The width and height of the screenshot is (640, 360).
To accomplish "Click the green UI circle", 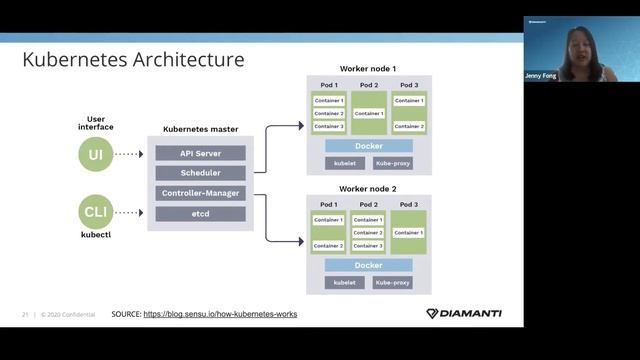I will (x=96, y=154).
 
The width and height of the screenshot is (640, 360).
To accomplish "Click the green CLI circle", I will (x=96, y=212).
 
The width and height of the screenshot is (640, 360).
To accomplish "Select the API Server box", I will (x=200, y=153).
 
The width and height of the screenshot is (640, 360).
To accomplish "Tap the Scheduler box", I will (x=200, y=173).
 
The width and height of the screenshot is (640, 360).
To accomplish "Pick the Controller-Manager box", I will (x=200, y=193).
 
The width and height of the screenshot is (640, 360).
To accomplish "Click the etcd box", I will (x=200, y=213).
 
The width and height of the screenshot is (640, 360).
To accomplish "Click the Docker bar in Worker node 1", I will (x=369, y=146).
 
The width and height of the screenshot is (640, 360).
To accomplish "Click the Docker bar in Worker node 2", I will (x=369, y=265).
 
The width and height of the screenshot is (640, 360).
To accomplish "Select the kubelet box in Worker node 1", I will (x=344, y=163).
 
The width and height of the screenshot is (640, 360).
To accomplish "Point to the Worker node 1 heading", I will (x=368, y=67).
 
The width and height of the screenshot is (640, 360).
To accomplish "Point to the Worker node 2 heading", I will (x=368, y=188).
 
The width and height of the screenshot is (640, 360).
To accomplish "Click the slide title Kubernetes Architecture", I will (x=133, y=60).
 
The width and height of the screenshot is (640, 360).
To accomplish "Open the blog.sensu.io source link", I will (x=220, y=314).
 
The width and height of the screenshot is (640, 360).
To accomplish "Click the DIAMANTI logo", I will (x=464, y=313).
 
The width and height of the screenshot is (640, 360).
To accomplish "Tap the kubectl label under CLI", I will (x=96, y=235).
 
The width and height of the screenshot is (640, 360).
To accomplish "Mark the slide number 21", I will (x=25, y=314).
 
